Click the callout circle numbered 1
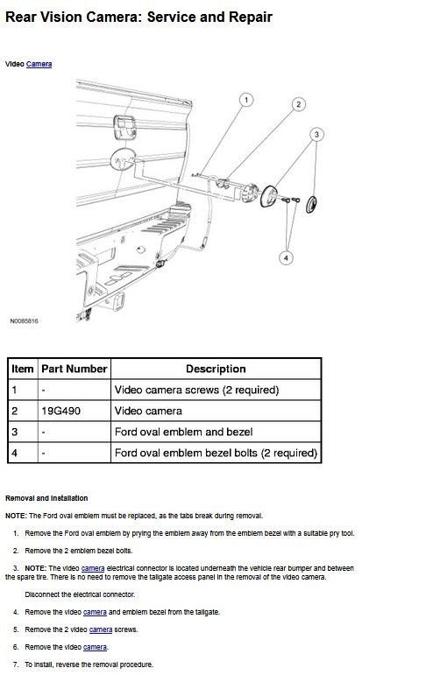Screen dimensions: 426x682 point(246,100)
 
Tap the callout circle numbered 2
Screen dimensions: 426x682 point(298,104)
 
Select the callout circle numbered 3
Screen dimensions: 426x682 point(316,135)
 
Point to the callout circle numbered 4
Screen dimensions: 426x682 point(286,258)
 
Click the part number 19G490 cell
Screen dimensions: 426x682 point(61,411)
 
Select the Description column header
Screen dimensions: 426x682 point(216,369)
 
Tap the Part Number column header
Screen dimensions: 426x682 point(74,369)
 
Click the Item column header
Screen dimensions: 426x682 point(23,369)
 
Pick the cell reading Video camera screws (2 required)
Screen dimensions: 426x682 point(196,390)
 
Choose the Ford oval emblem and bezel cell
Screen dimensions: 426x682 point(183,432)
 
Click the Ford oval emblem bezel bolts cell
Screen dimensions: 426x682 point(216,453)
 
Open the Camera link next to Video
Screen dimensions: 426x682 point(39,64)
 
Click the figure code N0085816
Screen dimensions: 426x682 point(24,321)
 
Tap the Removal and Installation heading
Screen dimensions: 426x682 point(46,498)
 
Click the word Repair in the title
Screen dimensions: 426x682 point(251,18)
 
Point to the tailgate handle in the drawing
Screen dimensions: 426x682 point(124,127)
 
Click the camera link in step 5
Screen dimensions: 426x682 point(101,629)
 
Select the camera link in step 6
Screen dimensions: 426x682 point(95,647)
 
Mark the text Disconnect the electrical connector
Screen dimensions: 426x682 point(80,594)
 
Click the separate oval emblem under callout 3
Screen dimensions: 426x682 point(311,205)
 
